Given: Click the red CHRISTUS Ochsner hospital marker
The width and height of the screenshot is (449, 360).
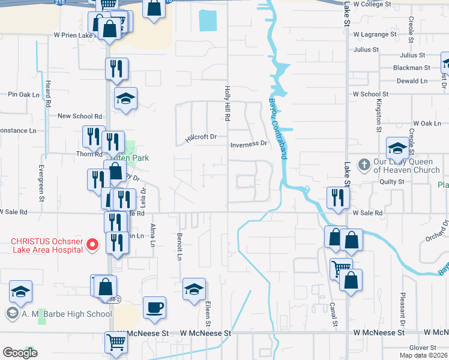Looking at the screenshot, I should click(92, 244).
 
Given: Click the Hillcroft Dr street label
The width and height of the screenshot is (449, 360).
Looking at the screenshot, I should click(200, 137).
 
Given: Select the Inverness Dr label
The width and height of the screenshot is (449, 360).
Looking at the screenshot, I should click(249, 144).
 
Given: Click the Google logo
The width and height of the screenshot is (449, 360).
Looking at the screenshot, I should click(20, 353).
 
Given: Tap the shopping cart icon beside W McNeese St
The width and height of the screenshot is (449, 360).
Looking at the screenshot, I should click(116, 342).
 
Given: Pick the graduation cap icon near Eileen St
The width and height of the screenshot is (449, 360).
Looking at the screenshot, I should click(194, 290).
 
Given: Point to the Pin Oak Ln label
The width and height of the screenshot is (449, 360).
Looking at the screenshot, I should click(23, 94).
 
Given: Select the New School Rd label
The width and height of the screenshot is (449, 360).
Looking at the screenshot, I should click(79, 116).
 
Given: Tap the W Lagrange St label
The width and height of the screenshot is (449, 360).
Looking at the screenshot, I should click(375, 35).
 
